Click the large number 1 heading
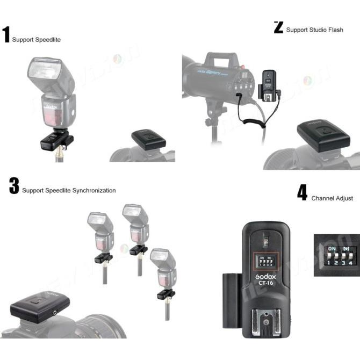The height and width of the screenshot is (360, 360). point(6,34)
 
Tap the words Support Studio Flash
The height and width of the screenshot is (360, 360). point(314,30)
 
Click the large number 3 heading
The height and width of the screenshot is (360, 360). point(14,185)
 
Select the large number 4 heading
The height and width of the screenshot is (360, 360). point(303,193)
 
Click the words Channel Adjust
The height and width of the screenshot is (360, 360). point(332,198)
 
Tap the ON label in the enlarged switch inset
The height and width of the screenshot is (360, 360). point(332,249)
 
